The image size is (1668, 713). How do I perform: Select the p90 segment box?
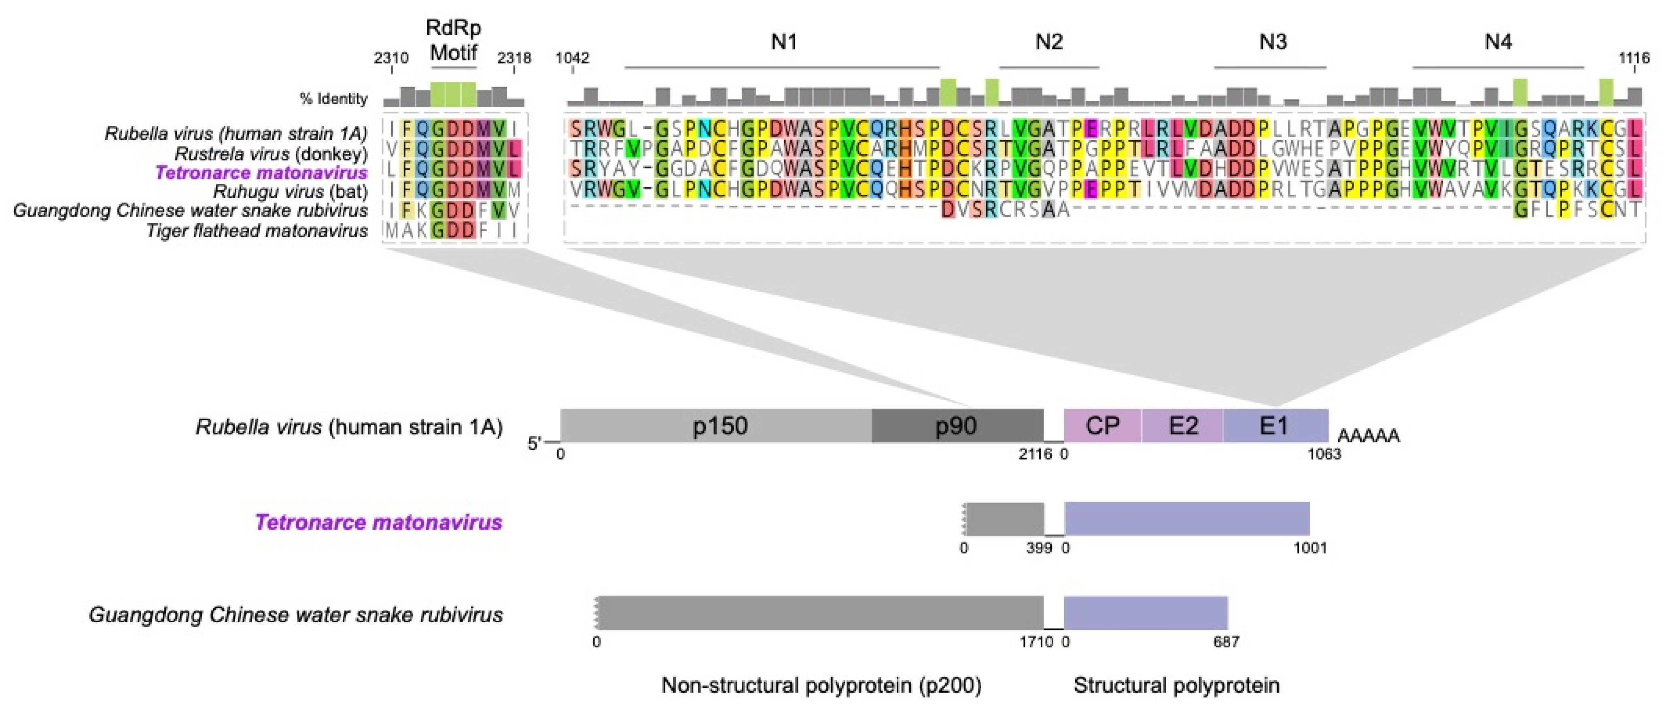956,426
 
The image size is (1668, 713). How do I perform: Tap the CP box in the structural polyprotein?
1102,426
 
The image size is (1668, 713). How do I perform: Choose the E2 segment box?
1182,426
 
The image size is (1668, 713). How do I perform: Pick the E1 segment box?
1274,426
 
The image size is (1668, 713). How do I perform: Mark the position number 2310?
391,58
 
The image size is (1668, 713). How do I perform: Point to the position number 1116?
1634,58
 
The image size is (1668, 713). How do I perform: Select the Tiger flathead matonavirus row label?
257,230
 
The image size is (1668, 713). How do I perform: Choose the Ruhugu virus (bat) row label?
290,192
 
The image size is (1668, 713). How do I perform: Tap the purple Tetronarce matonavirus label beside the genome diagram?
379,522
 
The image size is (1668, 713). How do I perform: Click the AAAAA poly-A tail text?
1368,436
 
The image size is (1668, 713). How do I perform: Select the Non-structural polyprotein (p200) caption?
821,685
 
